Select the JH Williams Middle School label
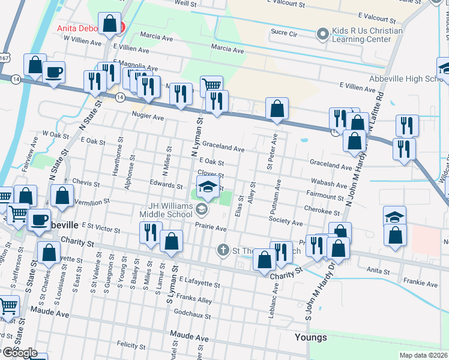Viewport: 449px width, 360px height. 166,209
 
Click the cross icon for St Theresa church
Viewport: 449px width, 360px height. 223,249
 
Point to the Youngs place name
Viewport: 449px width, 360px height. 311,337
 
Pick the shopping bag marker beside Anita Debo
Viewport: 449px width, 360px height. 110,25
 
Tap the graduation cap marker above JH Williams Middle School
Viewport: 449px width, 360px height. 208,187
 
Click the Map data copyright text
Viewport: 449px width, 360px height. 423,355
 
